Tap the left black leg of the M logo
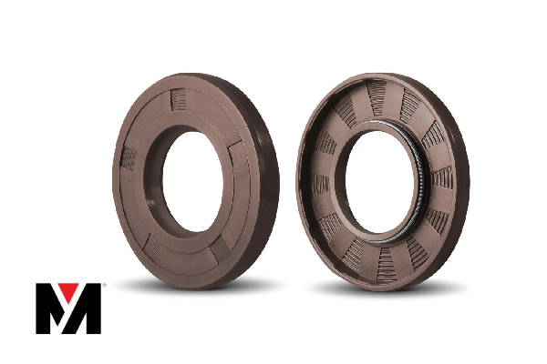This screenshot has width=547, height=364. [x=45, y=309]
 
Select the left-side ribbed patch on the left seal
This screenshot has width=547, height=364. [x=129, y=160]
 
